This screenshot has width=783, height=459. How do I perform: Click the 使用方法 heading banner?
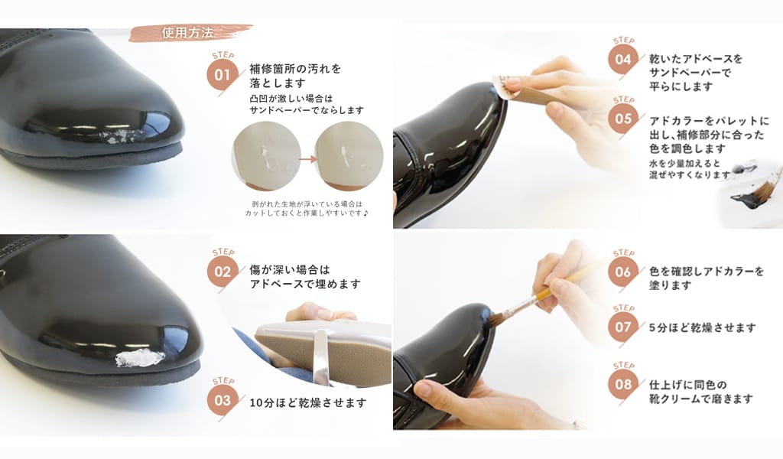click(190, 33)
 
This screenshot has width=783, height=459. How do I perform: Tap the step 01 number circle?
click(223, 76)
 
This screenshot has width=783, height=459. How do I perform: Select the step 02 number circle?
click(223, 272)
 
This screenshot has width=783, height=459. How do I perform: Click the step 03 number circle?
click(223, 401)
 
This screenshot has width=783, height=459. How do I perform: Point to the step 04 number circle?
click(623, 60)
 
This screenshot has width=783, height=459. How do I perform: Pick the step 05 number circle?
click(623, 119)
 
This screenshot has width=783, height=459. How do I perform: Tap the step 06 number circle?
click(623, 272)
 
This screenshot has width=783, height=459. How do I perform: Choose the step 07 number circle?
click(623, 327)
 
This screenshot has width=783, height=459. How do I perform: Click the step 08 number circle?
click(623, 385)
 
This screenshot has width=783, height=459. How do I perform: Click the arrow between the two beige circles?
click(307, 159)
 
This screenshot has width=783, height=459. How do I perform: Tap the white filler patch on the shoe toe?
click(140, 357)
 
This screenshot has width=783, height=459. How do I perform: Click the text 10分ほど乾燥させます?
click(307, 402)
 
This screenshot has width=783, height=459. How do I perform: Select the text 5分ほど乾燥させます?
click(702, 327)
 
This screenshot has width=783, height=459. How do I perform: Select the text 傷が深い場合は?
click(290, 270)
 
